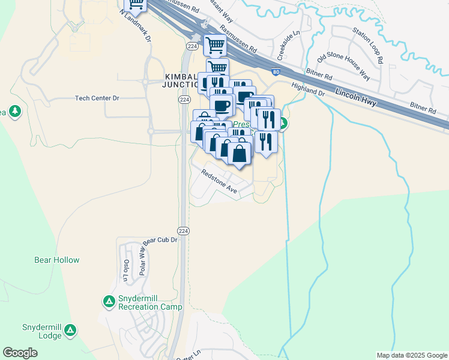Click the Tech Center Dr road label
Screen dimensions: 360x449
tap(97, 98)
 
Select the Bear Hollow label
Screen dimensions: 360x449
tap(57, 260)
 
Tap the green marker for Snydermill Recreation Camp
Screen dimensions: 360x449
tap(109, 302)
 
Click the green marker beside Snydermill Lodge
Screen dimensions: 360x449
tap(71, 330)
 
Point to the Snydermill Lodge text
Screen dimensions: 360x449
tap(42, 331)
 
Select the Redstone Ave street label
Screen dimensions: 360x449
tap(219, 182)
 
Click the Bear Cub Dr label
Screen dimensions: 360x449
tap(160, 240)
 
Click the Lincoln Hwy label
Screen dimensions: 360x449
tap(356, 98)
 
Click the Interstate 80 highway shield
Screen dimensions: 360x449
tap(275, 73)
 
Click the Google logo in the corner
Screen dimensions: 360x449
tap(20, 353)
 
